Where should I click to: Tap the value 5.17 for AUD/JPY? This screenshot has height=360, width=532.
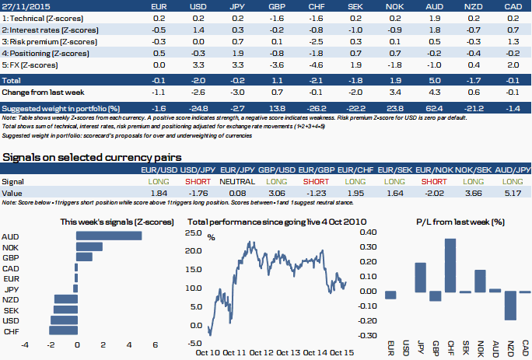(x=513, y=191)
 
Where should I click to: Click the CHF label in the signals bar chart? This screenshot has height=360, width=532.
(x=11, y=330)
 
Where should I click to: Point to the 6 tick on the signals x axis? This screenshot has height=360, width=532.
(x=156, y=344)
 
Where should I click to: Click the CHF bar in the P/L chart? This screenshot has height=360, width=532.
(x=450, y=265)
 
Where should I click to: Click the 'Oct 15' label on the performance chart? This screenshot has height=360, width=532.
(x=342, y=352)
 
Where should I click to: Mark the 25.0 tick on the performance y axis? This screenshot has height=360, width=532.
(x=193, y=232)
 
